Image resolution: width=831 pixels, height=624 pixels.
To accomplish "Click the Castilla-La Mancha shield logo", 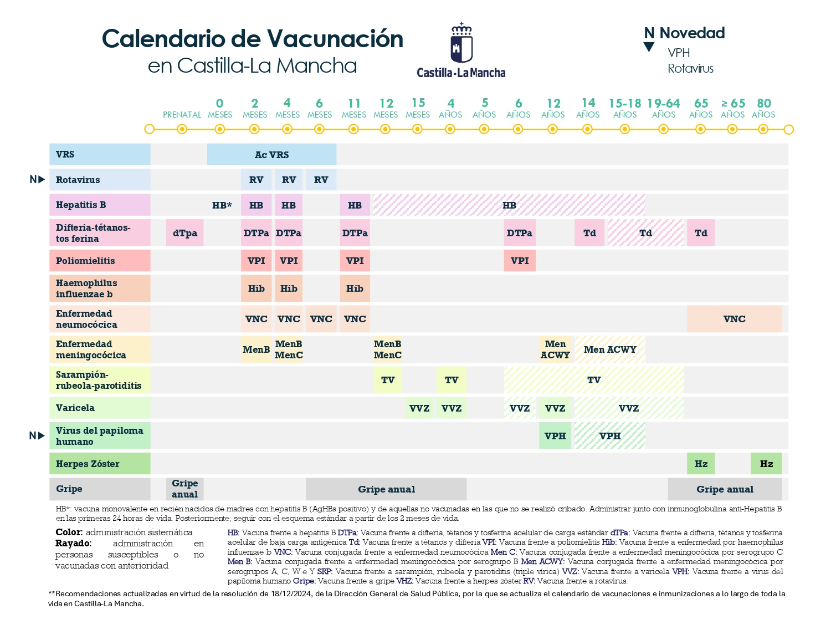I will pos(461,44).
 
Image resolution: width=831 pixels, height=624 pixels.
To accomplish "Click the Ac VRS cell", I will pos(271,155).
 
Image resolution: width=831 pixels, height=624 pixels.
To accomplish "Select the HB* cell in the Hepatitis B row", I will pos(222,205).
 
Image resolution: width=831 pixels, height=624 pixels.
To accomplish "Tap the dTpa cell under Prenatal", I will pos(185,233).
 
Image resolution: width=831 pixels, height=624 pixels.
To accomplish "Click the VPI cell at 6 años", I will pos(520,261).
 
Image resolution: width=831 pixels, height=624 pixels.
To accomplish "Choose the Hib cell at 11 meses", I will pos(355,288).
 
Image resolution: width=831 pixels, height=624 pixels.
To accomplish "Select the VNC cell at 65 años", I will pos(734,319).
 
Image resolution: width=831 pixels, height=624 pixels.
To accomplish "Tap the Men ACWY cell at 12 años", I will pos(555,349).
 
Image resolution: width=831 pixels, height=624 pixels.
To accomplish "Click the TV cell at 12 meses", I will pos(388,380).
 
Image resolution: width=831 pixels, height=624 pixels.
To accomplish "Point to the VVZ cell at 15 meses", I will pos(419,408).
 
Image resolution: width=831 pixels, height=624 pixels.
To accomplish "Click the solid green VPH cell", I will pos(555,436).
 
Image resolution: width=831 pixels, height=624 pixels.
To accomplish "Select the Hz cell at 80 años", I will pos(766,464).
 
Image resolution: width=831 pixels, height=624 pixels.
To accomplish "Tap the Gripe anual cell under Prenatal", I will pos(185,489).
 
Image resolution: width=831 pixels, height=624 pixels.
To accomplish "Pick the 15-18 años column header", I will pos(625,108).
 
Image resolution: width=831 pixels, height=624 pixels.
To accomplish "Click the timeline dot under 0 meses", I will pos(220,129).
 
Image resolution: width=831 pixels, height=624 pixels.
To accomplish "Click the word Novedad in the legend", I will pos(692,33).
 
